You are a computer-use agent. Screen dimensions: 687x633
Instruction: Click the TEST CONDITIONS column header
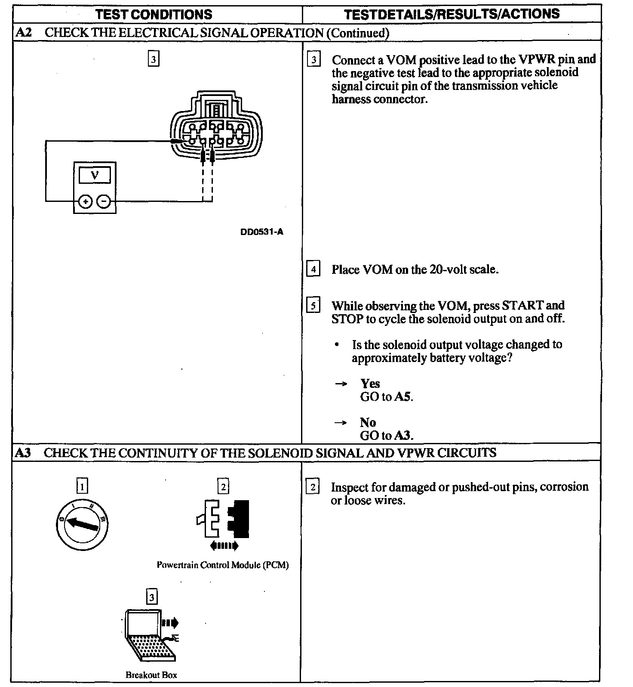click(154, 14)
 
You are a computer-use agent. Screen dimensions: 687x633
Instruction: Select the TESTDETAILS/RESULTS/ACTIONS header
click(452, 14)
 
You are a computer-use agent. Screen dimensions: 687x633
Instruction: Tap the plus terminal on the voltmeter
click(86, 201)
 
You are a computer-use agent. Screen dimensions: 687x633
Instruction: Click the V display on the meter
click(95, 175)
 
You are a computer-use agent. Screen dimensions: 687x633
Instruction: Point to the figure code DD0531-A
click(262, 232)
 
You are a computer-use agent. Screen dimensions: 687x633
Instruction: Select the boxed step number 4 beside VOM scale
click(313, 269)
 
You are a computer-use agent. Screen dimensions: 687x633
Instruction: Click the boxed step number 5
click(313, 305)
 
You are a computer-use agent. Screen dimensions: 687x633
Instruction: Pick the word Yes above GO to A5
click(370, 384)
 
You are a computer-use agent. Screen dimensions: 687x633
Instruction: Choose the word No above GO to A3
click(368, 422)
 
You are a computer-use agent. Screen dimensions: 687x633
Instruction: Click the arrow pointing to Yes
click(341, 384)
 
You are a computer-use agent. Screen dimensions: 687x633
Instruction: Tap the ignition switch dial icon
click(82, 524)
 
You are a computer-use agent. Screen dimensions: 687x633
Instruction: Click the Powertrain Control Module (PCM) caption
click(222, 565)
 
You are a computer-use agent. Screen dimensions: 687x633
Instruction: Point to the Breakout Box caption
click(151, 675)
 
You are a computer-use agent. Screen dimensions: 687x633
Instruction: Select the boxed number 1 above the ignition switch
click(82, 486)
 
